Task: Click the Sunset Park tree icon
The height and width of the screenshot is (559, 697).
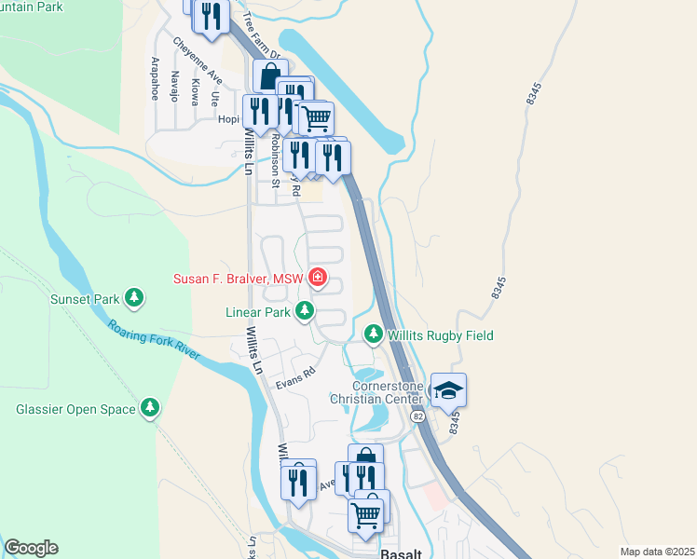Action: pyautogui.click(x=136, y=299)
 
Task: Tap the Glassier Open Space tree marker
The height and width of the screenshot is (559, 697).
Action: pyautogui.click(x=149, y=408)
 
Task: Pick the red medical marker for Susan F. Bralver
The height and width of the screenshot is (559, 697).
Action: pyautogui.click(x=318, y=278)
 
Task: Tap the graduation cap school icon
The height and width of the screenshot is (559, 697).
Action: pyautogui.click(x=448, y=390)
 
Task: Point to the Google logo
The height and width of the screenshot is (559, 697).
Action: pyautogui.click(x=31, y=548)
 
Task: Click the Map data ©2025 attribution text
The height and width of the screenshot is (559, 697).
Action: pyautogui.click(x=657, y=552)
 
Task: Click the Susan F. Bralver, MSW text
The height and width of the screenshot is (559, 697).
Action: pyautogui.click(x=239, y=279)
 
